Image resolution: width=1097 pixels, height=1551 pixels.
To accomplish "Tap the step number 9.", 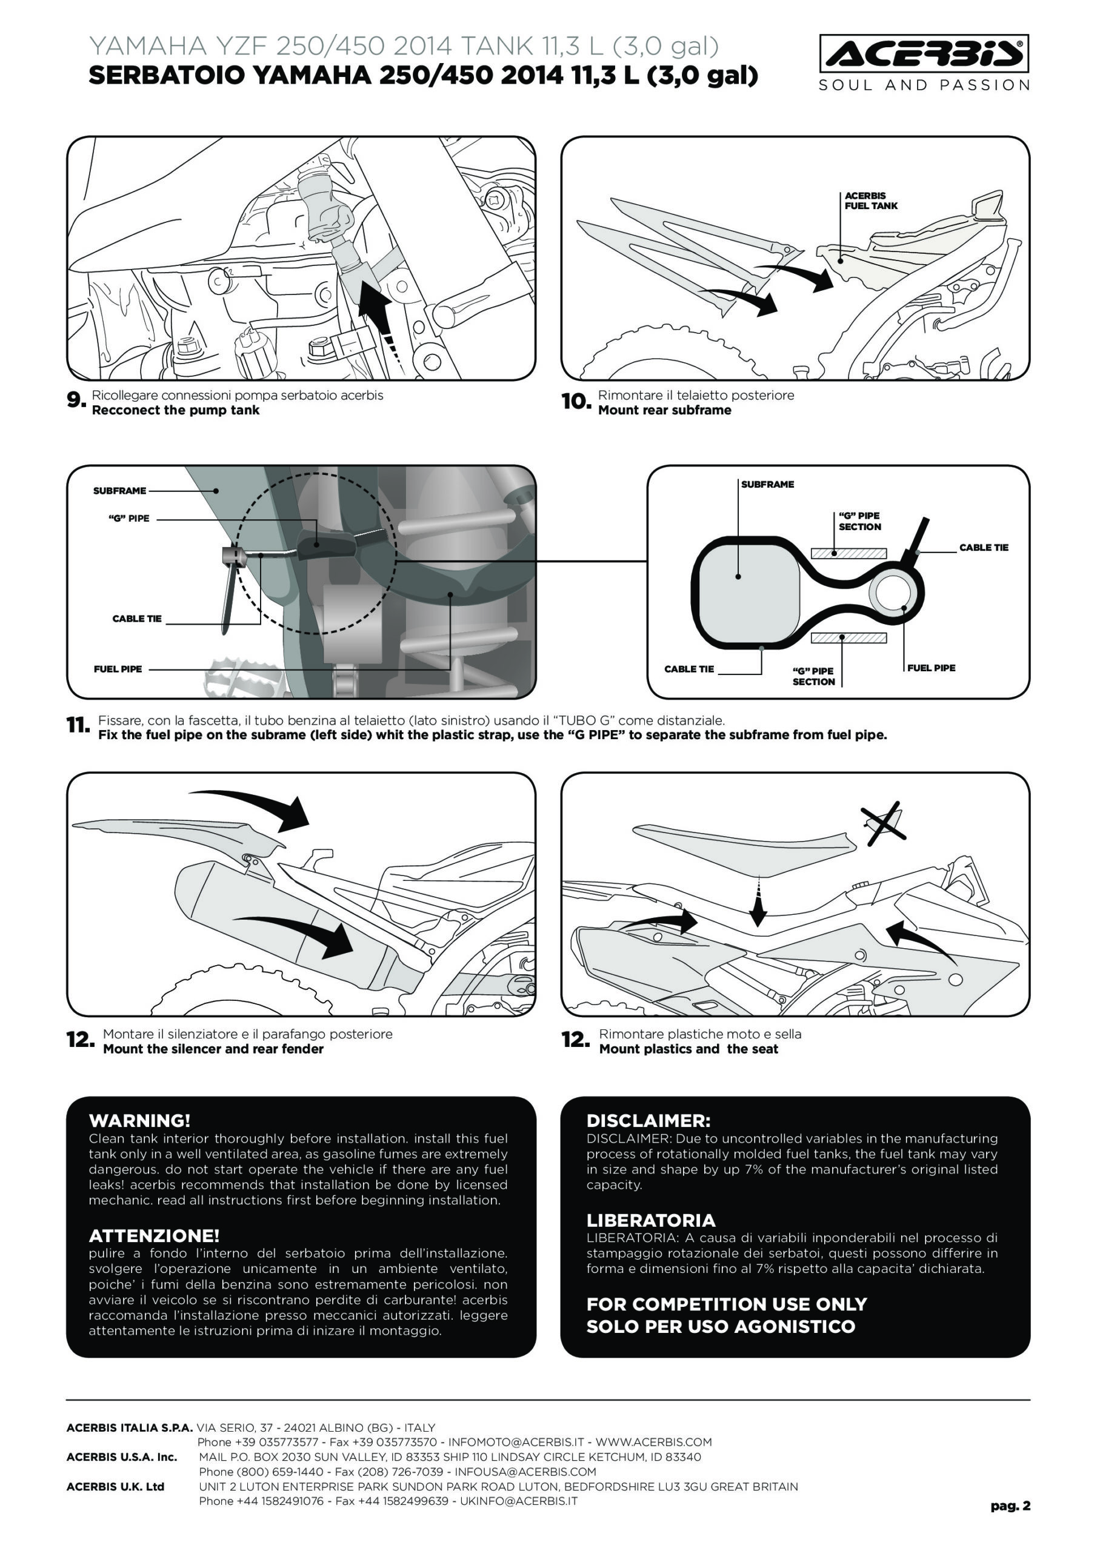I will click(76, 400).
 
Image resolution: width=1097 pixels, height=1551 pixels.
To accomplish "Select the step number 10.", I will click(576, 402).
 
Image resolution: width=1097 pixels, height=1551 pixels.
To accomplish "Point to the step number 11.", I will click(78, 726).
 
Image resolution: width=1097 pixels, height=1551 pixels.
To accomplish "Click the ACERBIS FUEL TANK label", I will click(870, 201).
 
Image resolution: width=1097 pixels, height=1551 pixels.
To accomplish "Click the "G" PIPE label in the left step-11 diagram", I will click(128, 519).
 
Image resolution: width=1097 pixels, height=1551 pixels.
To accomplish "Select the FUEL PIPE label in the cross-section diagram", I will click(931, 668).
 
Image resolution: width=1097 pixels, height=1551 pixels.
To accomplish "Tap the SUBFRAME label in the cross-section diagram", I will click(767, 484).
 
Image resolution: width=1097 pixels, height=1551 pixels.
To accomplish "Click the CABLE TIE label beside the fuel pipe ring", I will click(984, 548).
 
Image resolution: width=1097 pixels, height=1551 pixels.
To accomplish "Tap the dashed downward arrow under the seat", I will click(758, 902).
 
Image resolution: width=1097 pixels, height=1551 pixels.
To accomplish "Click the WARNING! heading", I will click(139, 1121).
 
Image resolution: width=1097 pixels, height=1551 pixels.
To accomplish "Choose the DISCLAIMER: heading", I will click(648, 1121).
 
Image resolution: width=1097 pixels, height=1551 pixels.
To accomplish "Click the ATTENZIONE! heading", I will click(154, 1235).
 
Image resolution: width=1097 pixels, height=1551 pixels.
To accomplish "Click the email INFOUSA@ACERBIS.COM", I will click(525, 1471).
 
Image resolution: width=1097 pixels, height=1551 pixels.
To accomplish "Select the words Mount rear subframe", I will click(664, 410).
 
